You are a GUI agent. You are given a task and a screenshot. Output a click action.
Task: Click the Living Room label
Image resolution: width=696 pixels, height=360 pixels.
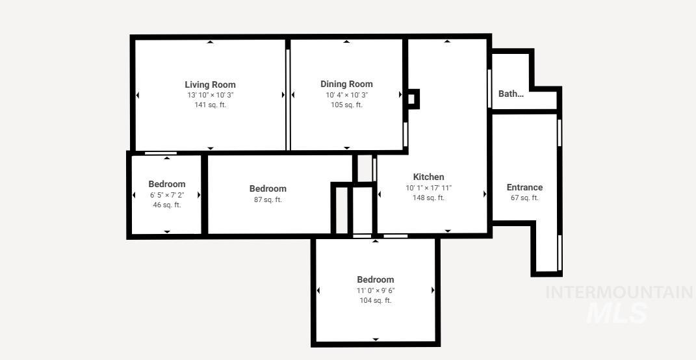pos(210,84)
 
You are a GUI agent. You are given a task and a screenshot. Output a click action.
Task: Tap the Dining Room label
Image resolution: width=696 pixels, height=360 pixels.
pos(346,84)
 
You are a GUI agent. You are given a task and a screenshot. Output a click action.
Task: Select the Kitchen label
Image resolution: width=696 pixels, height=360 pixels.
pos(429,177)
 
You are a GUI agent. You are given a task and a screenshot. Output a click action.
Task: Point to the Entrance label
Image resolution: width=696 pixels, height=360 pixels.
pos(524,187)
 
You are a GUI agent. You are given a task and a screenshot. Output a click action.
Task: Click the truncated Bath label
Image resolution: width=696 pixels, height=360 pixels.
pos(511,94)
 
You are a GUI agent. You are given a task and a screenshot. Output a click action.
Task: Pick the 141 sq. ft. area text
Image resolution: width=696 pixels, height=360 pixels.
pos(210,105)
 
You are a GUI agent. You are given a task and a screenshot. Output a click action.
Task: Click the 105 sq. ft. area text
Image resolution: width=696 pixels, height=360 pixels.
pos(346,105)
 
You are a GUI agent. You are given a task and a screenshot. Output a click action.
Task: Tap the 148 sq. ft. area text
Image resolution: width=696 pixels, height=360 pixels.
pos(429,198)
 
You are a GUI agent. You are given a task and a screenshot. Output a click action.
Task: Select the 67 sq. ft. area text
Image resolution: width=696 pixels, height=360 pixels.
pos(524,198)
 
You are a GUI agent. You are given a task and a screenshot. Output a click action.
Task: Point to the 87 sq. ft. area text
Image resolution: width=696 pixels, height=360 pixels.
pos(268,199)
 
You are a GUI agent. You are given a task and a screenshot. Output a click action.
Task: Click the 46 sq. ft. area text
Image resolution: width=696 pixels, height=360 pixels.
pos(167,205)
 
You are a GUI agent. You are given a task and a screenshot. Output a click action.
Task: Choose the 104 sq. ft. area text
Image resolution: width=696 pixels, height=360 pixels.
pos(376,300)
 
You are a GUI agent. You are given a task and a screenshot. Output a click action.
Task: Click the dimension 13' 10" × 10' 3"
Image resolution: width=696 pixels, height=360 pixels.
pos(210,95)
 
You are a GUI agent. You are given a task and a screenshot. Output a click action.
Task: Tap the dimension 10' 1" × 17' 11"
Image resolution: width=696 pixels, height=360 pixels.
pos(429,188)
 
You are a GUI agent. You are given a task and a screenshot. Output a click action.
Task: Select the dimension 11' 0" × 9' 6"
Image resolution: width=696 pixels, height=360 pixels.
pos(376,290)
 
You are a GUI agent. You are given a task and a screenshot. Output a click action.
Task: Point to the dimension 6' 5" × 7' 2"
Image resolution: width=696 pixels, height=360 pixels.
pos(167,195)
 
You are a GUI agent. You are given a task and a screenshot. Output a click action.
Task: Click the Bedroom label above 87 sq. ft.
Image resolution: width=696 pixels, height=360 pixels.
pos(268,188)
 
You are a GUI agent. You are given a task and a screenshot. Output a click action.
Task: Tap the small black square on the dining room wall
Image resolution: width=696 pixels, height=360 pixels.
pos(412,99)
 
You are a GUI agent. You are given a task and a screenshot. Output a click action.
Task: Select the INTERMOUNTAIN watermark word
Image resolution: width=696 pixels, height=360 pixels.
pos(619,292)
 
